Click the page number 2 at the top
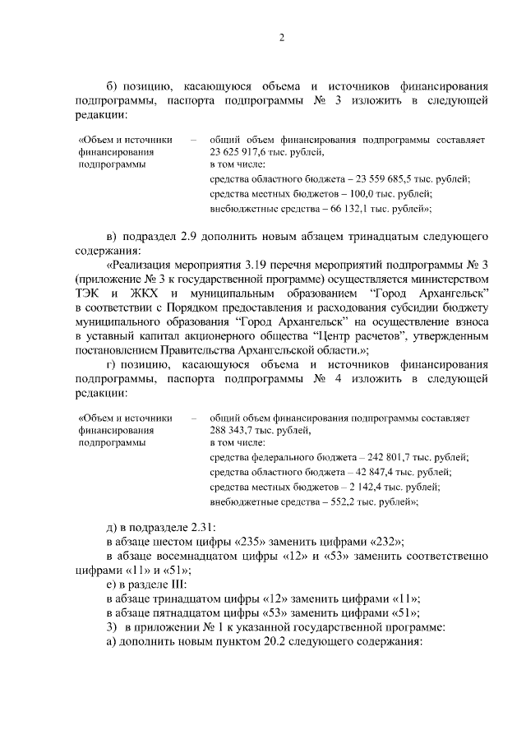pos(281,38)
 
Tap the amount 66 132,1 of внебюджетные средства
pos(347,209)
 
